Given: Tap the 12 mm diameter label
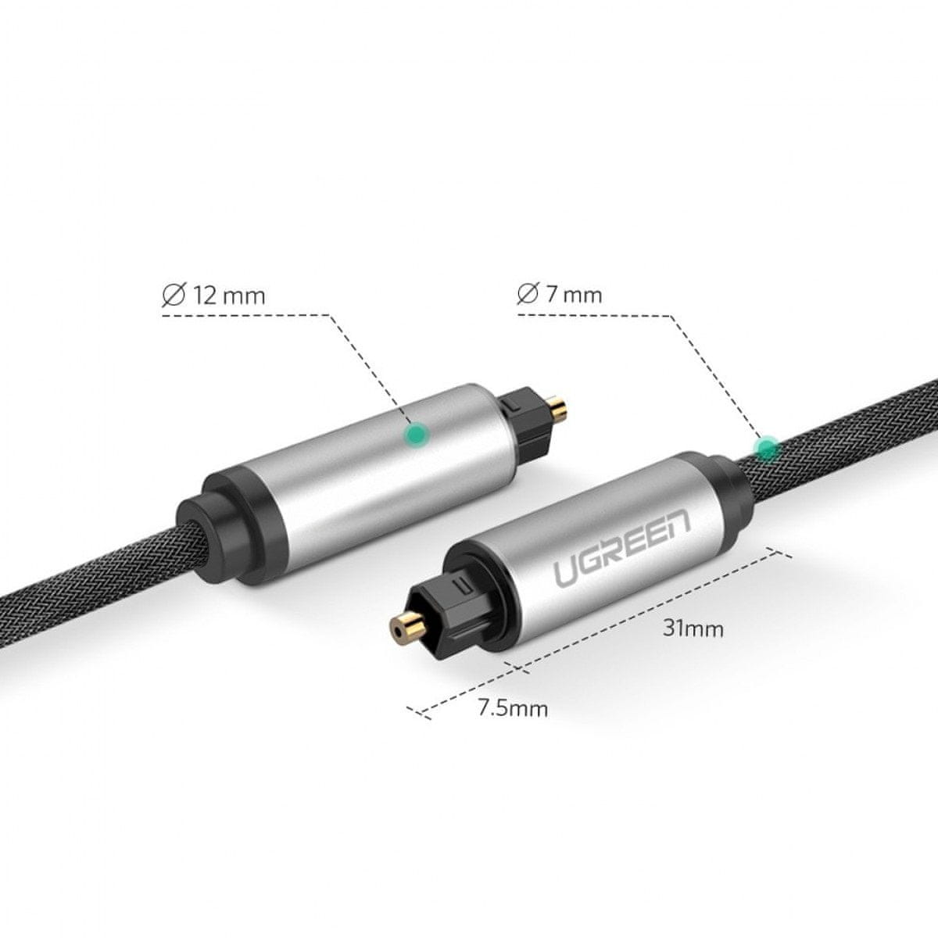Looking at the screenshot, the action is click(x=214, y=296).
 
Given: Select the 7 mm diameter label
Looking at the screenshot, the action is click(x=560, y=295).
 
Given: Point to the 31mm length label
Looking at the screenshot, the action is click(x=693, y=629).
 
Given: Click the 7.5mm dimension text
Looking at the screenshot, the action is click(x=513, y=708).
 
